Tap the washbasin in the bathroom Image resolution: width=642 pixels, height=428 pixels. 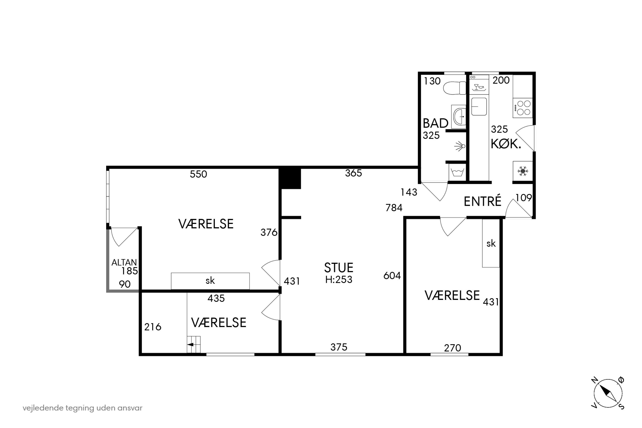tap(459, 117)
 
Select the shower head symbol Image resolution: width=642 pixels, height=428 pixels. tap(460, 146)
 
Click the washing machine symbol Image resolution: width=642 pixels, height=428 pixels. tap(457, 172)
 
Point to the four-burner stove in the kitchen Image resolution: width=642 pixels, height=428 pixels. tap(523, 108)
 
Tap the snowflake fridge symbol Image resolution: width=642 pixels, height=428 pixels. tap(523, 171)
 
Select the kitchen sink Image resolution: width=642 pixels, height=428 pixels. tap(479, 107)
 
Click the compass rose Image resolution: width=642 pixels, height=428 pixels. tap(608, 394)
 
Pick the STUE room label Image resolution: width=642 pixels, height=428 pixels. tap(339, 268)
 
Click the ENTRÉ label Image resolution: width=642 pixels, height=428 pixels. tap(483, 201)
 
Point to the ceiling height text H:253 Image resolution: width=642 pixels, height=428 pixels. tap(339, 280)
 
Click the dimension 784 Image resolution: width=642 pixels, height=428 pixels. tap(394, 208)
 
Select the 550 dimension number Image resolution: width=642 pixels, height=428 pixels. tap(199, 174)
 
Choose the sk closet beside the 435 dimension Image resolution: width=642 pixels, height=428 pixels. tap(210, 281)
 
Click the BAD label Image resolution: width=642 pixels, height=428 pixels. tap(435, 123)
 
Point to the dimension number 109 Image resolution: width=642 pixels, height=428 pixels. tap(524, 198)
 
